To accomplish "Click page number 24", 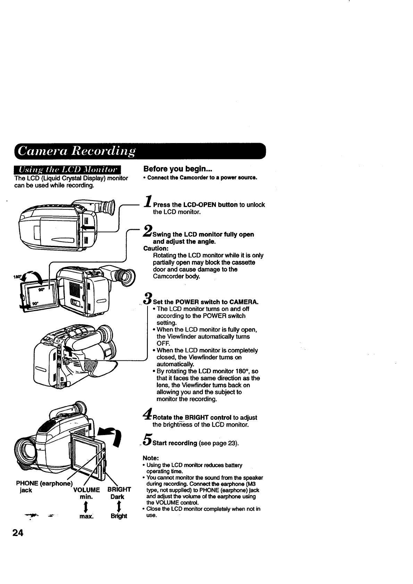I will point(18,533).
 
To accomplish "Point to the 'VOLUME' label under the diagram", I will point(87,490).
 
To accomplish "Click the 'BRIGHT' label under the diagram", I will point(119,490).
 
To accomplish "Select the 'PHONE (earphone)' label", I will point(44,483).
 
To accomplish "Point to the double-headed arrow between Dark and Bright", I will point(119,507).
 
